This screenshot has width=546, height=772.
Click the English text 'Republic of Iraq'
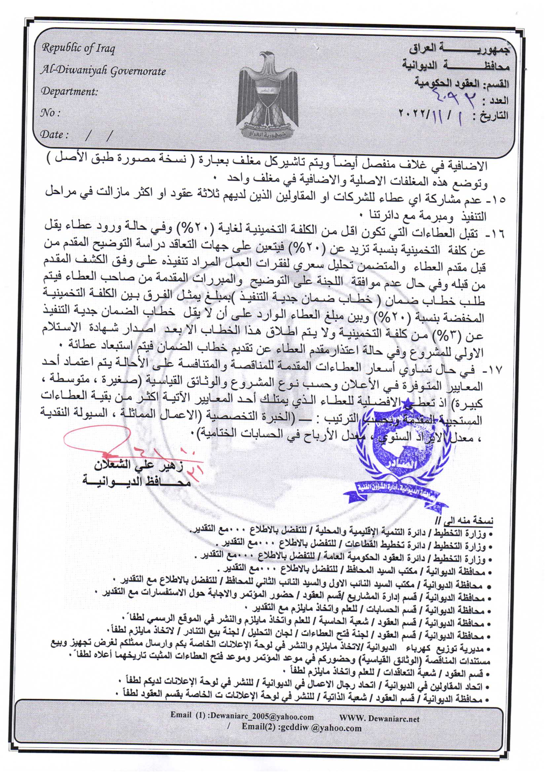point(78,49)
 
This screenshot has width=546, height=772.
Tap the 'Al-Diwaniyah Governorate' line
point(103,71)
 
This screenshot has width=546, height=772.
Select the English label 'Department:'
point(69,92)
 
